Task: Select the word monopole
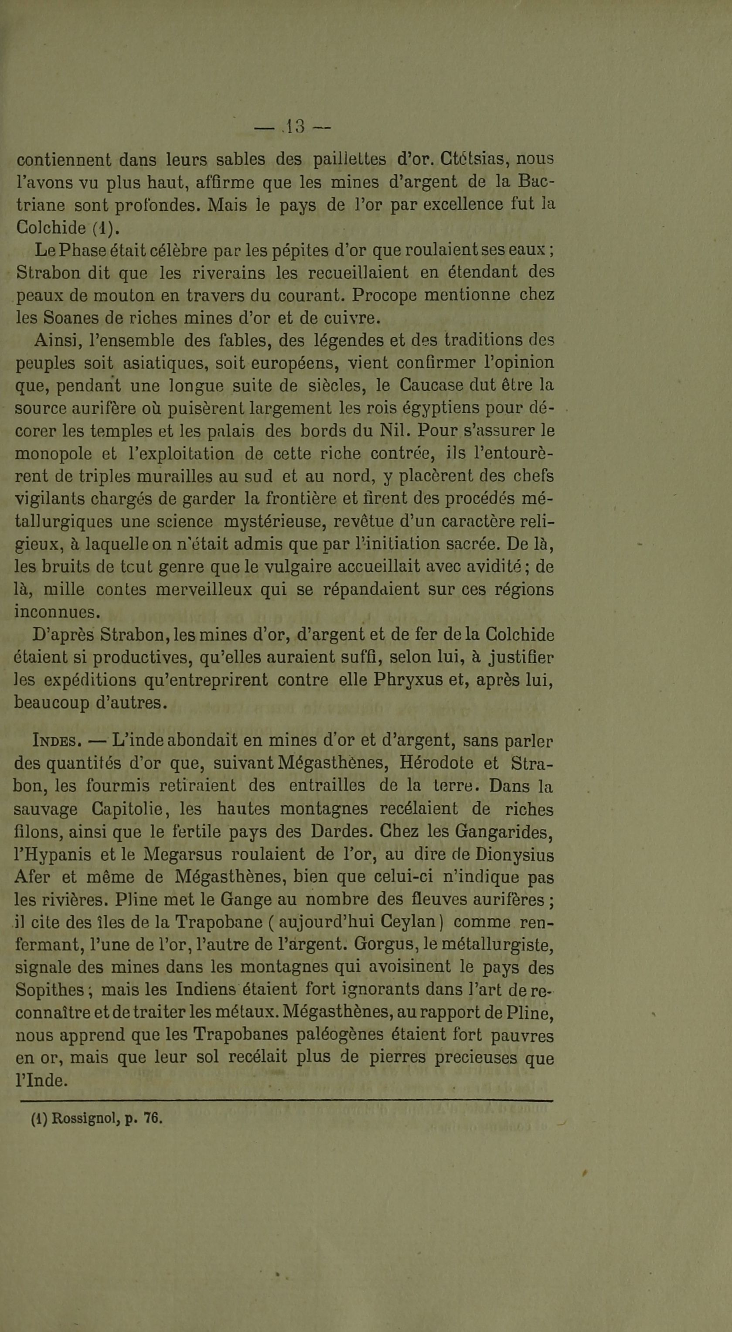pyautogui.click(x=53, y=454)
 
